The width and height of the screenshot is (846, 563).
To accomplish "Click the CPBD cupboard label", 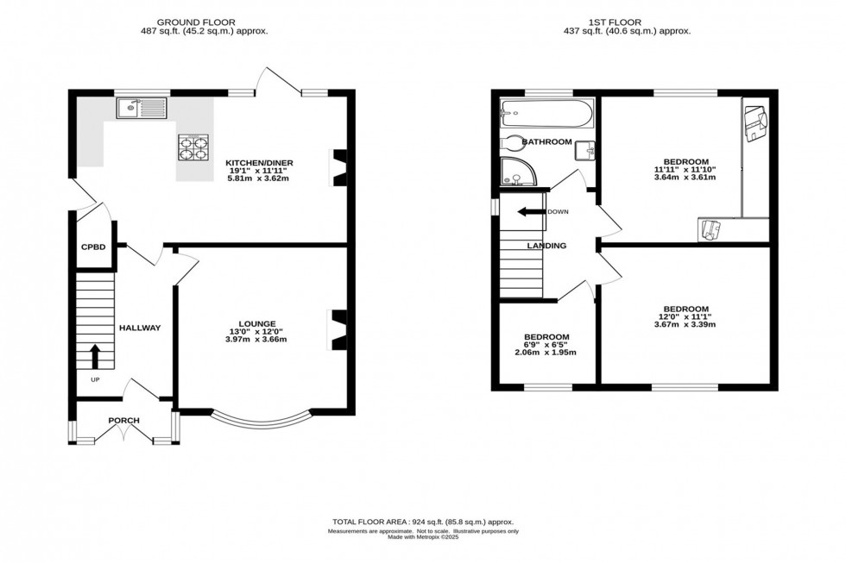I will coord(93,247).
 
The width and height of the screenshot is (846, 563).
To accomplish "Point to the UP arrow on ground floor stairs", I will coord(94,356).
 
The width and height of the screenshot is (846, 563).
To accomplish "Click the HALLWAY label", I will coord(140,328).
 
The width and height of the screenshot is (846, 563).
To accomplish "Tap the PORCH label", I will coord(123,421).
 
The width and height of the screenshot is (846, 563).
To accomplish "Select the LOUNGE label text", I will coord(257,323).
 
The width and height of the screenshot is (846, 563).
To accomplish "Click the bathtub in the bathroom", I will coord(546,113).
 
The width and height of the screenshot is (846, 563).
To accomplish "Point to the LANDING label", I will coord(546,246).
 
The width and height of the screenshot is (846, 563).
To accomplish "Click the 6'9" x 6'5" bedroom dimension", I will coord(546,345).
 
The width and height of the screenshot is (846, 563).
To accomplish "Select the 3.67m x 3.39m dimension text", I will coord(685,325).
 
